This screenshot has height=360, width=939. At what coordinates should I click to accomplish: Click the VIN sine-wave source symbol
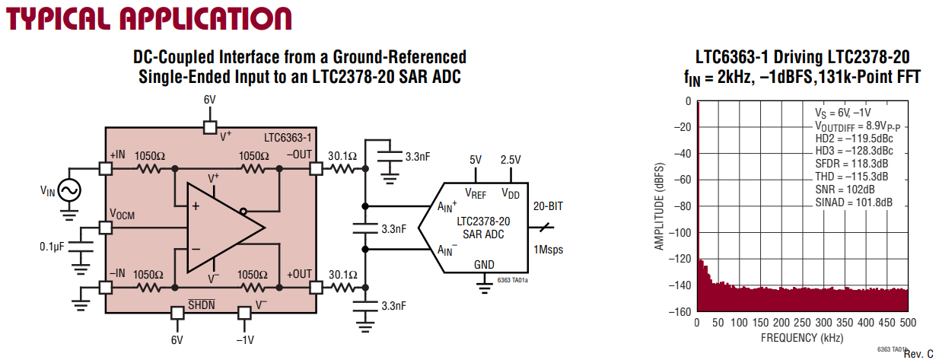(69, 190)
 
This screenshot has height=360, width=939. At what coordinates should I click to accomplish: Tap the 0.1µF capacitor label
(52, 247)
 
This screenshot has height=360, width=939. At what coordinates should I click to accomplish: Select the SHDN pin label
(201, 304)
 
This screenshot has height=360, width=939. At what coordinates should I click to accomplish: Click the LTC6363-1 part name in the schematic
(288, 138)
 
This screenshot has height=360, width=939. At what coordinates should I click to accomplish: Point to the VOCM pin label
(122, 214)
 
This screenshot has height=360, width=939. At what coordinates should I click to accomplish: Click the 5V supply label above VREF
(476, 160)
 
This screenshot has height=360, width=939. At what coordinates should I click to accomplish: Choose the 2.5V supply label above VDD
(511, 160)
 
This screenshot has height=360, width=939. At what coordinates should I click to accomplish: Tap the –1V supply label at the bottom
(245, 340)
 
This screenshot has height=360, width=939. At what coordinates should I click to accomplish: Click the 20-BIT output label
(548, 206)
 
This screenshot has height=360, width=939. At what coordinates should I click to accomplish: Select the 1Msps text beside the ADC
(548, 250)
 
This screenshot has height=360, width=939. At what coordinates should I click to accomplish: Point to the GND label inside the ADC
(484, 265)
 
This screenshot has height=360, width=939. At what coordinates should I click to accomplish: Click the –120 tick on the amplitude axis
(679, 259)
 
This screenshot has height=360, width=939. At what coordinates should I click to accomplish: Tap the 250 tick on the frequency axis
(802, 323)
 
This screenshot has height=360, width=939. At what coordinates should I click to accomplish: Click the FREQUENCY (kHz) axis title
(802, 338)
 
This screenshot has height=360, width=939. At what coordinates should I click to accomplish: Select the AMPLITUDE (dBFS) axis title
(660, 206)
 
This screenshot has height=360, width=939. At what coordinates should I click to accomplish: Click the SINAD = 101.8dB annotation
(854, 202)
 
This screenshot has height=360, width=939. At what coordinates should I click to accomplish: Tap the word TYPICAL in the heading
(56, 19)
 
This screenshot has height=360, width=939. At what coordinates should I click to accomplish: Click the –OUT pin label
(299, 155)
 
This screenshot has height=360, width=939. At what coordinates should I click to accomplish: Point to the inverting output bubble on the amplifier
(244, 212)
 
